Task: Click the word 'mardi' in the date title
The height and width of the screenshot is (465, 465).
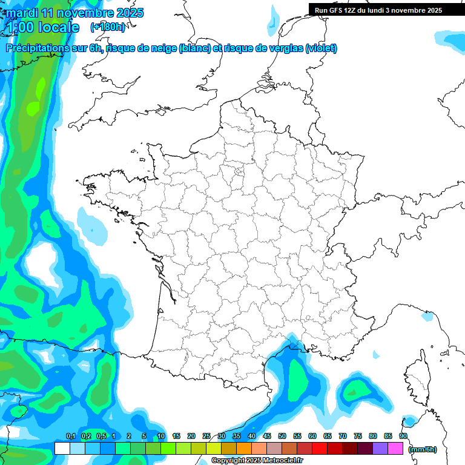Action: [22, 13]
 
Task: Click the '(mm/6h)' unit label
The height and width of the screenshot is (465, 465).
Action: [423, 449]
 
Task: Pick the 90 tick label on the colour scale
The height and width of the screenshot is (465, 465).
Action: [403, 436]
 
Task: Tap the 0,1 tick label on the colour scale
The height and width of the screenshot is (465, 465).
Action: [70, 436]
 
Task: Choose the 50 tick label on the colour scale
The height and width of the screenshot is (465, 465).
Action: [282, 436]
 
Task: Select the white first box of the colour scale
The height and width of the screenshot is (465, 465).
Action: [62, 449]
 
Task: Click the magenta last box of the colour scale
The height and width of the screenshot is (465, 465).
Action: [395, 449]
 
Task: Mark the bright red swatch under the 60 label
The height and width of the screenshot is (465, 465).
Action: [320, 449]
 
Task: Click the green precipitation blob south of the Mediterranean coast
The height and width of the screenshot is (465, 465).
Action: [298, 378]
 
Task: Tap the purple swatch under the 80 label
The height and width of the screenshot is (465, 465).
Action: [380, 449]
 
